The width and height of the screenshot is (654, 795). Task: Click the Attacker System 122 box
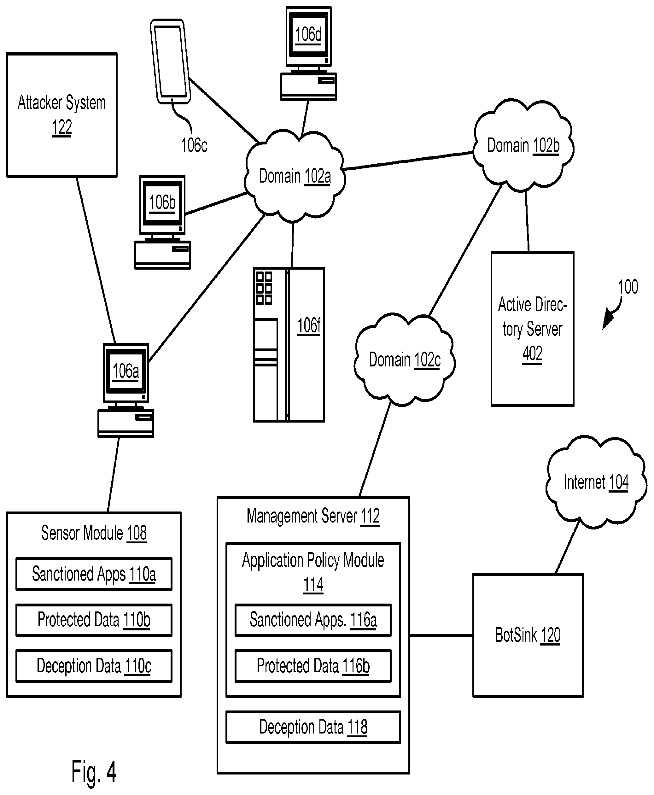[62, 115]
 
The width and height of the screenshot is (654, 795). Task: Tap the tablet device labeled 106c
[170, 61]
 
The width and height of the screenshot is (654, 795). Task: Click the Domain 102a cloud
[295, 176]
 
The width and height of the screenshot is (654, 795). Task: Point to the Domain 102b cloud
[523, 145]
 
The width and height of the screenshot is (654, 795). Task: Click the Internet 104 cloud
[596, 482]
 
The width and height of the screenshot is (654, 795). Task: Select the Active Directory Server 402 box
[532, 329]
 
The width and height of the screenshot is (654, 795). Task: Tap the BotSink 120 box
[528, 635]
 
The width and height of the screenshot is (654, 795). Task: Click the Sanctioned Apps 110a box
[94, 574]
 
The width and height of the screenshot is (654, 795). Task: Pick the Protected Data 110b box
[94, 620]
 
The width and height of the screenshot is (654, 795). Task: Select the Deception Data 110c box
[94, 666]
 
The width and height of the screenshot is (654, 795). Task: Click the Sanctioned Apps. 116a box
[313, 620]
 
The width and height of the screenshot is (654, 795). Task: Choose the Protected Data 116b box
[313, 666]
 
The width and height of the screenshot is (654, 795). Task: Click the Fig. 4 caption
[94, 772]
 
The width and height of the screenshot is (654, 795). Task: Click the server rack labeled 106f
[289, 344]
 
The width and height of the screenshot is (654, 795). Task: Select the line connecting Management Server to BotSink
[441, 636]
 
